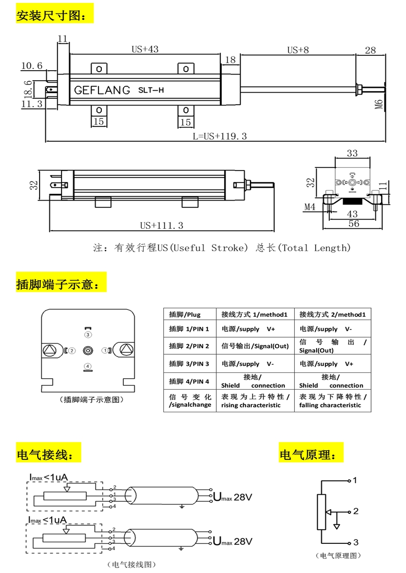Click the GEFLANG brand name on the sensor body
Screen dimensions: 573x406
(102, 90)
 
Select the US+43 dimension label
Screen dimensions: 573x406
(145, 49)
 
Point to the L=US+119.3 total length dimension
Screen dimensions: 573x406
(220, 136)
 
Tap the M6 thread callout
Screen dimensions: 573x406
(378, 104)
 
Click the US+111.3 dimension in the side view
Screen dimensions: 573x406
(161, 225)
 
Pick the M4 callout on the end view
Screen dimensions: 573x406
(310, 207)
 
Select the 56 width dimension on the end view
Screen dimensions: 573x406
(353, 223)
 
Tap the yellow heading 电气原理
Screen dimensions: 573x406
(311, 454)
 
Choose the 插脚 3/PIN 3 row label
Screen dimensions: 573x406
(190, 364)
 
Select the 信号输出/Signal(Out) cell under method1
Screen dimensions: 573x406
(255, 346)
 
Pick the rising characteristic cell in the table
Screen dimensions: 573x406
(255, 401)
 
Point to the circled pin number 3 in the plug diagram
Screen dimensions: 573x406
(87, 335)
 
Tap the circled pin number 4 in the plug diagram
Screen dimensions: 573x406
(87, 366)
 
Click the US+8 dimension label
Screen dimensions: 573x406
(298, 50)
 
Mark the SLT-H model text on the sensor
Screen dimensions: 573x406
(151, 90)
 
